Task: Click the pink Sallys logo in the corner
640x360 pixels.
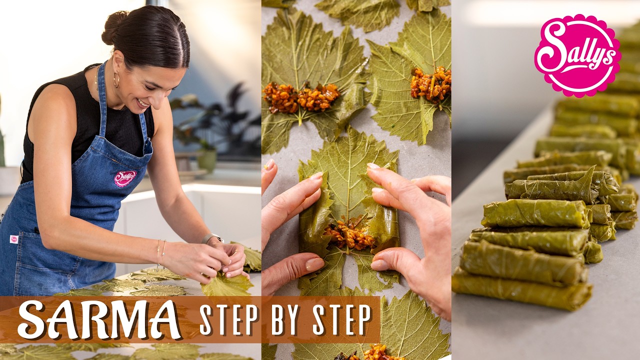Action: point(577,55)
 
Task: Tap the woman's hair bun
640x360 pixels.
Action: point(114,28)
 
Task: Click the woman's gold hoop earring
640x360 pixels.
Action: point(116,80)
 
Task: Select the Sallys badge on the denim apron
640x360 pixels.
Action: point(124,178)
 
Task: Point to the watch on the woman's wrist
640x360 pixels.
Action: point(211,238)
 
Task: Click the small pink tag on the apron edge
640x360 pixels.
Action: point(14,239)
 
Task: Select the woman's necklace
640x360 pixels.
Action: point(97,80)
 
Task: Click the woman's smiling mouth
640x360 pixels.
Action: point(143,103)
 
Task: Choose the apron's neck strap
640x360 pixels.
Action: point(101,100)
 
